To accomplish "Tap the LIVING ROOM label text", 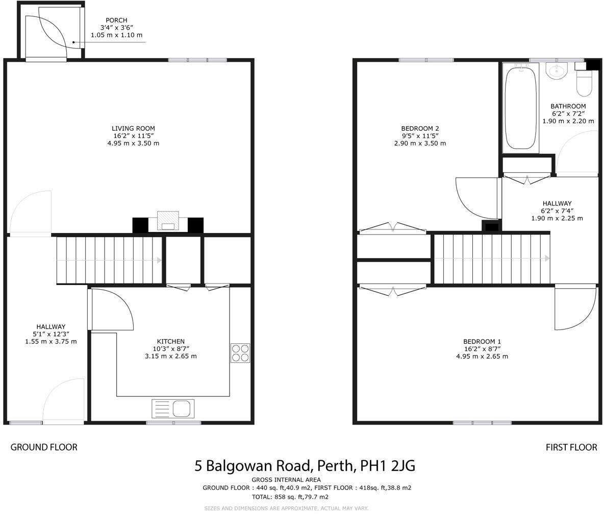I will coord(133,129).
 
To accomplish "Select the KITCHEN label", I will coord(170,341).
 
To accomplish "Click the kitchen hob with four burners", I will coord(240,353).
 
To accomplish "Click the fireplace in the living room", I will coord(168,221).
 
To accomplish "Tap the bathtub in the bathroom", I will coord(520,108).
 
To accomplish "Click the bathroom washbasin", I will coord(556,71).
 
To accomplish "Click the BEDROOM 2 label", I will coord(420,129).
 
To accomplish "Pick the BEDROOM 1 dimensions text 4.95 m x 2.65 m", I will coord(482,356).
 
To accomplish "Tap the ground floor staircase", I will coord(109,260).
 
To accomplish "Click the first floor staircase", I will coord(491,259).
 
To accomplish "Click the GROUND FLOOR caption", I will coord(44,447).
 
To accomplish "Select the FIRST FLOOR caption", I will coord(571,447).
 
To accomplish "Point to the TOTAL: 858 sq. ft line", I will coord(290,497).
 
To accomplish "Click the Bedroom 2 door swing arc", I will coord(475,198).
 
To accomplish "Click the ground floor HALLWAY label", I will coord(51,327).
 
